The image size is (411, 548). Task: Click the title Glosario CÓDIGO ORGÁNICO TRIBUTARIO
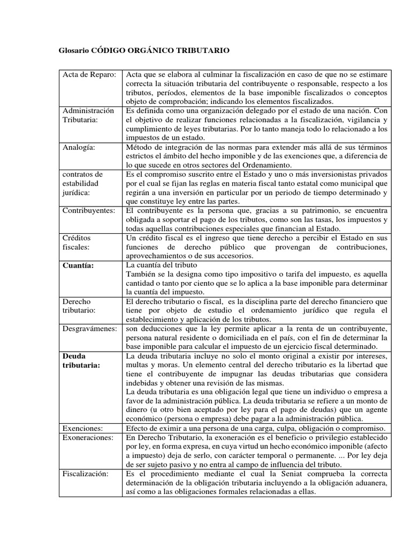[143, 50]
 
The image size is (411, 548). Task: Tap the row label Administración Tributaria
[88, 115]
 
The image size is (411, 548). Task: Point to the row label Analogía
[79, 147]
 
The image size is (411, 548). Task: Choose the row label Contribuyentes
[89, 210]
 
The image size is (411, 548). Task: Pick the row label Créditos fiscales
[78, 242]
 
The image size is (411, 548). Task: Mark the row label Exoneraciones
[88, 437]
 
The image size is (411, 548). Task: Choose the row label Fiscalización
[86, 474]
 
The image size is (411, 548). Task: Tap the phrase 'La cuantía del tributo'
[161, 265]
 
